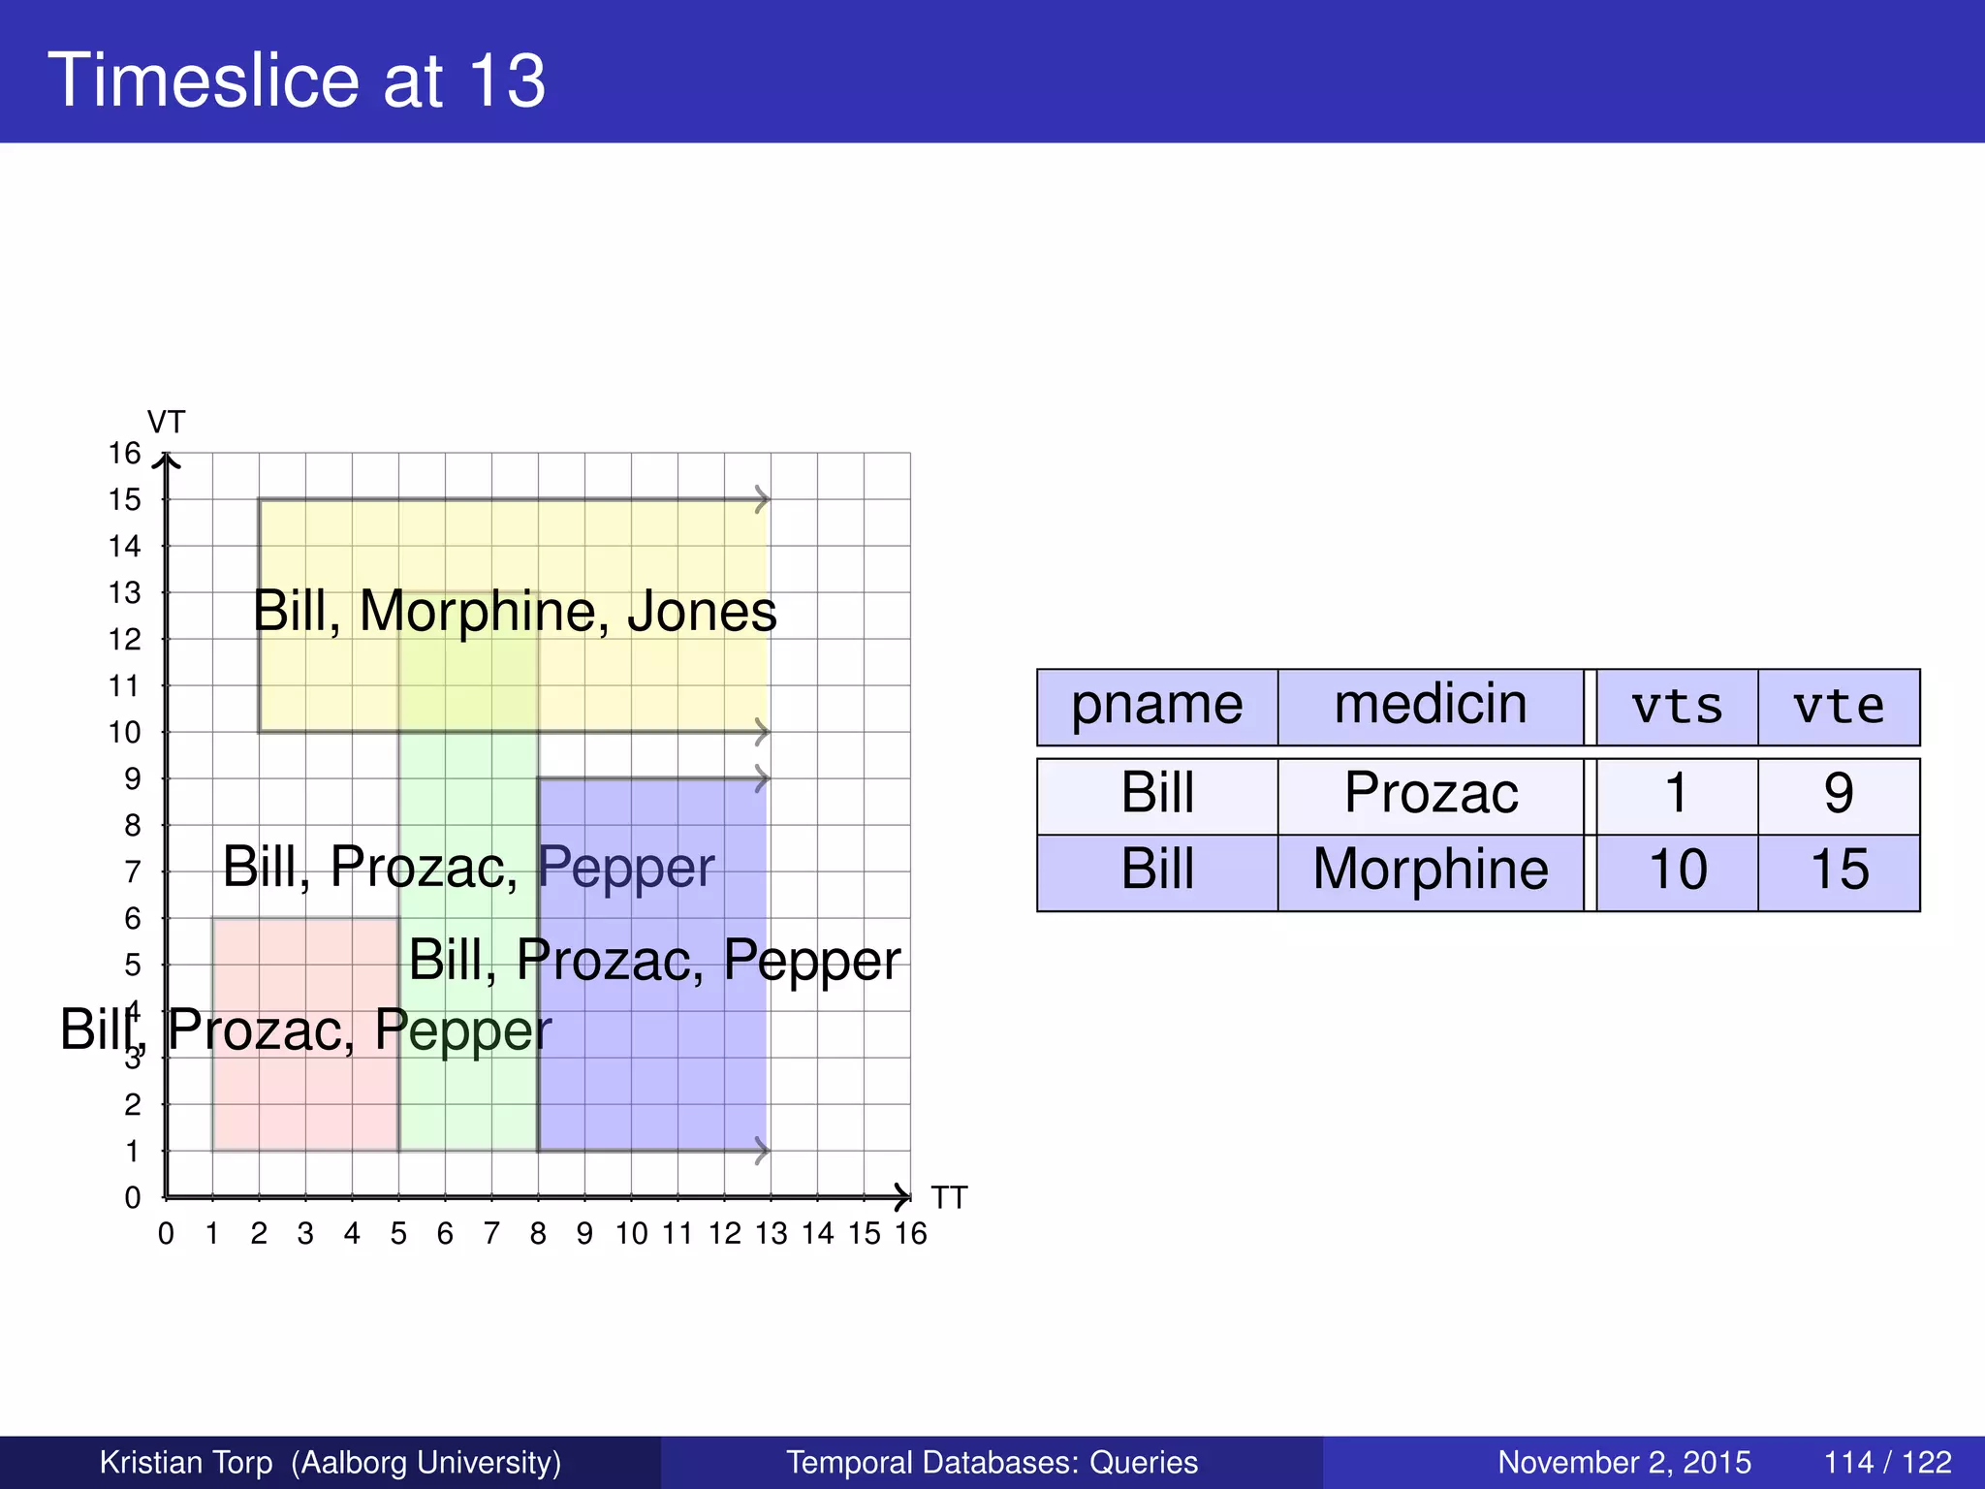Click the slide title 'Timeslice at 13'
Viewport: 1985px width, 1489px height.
297,79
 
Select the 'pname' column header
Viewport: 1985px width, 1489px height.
1156,705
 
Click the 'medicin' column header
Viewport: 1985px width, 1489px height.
1430,705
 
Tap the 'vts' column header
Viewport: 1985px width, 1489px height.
1677,707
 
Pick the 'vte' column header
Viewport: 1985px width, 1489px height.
1839,707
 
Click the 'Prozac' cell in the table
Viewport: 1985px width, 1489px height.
1431,794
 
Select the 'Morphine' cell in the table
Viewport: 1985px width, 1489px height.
1431,870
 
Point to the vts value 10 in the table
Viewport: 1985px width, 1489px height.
1678,870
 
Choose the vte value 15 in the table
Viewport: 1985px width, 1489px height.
1839,870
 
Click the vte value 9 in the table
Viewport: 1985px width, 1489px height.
1839,794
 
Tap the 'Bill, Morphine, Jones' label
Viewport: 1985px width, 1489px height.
515,612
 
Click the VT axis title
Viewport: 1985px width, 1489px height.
166,423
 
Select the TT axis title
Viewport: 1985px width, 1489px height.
949,1198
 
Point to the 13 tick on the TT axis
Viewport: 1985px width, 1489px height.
772,1234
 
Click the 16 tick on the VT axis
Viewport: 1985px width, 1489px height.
125,454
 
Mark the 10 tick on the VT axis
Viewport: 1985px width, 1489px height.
125,733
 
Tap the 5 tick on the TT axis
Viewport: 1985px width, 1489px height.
398,1234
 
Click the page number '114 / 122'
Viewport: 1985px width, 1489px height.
1887,1462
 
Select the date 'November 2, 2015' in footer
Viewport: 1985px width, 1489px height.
1624,1462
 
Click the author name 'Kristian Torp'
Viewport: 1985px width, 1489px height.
186,1462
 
